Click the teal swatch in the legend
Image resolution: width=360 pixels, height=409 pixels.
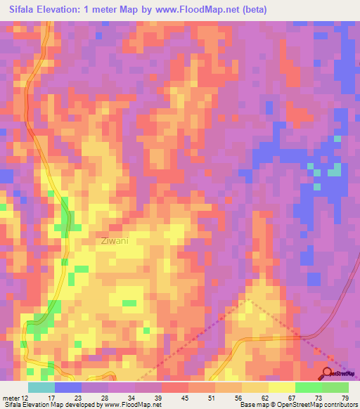41,387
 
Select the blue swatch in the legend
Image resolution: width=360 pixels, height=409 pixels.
67,387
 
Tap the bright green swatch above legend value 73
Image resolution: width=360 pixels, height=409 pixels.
308,387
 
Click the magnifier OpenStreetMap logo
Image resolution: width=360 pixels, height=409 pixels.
328,374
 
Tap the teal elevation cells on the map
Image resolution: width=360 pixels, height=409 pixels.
335,170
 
